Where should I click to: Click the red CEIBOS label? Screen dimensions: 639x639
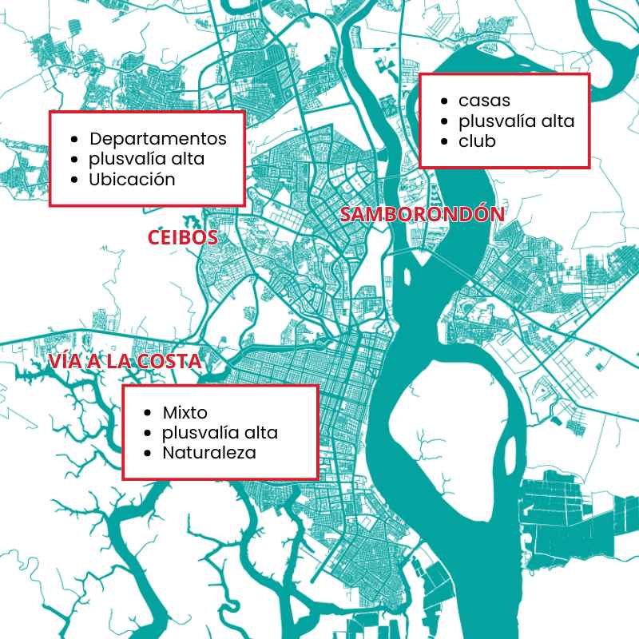point(183,238)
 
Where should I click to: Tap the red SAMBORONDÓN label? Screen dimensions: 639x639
point(423,214)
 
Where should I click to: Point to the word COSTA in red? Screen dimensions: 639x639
point(170,362)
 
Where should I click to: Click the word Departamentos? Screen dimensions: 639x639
point(158,138)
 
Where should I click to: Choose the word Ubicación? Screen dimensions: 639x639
point(132,179)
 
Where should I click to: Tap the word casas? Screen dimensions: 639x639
point(484,101)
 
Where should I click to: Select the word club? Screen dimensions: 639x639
point(477,141)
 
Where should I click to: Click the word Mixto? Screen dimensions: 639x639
point(185,413)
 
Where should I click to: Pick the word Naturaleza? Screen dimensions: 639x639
point(209,453)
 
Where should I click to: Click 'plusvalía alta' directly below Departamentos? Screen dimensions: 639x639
point(147,158)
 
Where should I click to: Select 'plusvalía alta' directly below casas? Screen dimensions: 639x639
point(517,121)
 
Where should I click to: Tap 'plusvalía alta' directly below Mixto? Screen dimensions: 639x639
point(220,433)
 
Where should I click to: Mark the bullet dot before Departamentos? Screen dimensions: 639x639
point(74,139)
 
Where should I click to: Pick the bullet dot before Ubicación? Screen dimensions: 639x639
point(74,180)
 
